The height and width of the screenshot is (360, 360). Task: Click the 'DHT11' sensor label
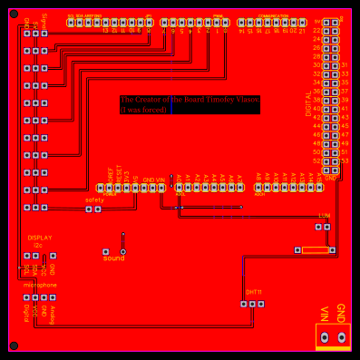tap(254, 292)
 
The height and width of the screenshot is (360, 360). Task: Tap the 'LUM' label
tap(324, 216)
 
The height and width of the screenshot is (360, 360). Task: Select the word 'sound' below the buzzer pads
tap(114, 258)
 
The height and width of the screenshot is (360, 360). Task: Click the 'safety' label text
tap(94, 199)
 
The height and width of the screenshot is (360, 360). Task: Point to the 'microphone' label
tap(40, 285)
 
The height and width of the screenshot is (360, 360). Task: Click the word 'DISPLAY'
tap(40, 238)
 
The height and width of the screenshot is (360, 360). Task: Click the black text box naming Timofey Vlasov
tap(190, 104)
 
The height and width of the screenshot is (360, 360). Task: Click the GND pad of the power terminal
tap(342, 337)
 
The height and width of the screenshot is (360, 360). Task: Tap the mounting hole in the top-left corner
tap(14, 15)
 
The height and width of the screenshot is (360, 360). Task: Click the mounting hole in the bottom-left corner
tap(14, 345)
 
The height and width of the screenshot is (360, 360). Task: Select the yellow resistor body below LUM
tap(315, 249)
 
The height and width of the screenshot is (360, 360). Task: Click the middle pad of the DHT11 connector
tap(252, 304)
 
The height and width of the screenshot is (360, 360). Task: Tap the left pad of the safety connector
tap(89, 209)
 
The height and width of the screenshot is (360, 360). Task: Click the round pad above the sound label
tap(123, 251)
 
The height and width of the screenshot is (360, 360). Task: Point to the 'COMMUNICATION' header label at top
tap(273, 15)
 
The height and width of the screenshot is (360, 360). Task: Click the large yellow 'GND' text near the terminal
tap(341, 313)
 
